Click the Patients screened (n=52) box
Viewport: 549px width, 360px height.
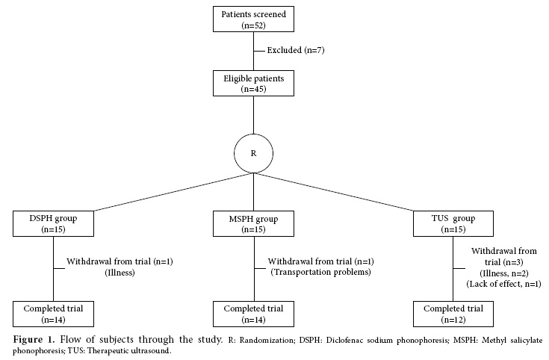pos(253,19)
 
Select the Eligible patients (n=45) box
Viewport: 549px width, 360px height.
pos(253,81)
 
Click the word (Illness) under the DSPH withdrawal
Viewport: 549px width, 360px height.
pos(117,272)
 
